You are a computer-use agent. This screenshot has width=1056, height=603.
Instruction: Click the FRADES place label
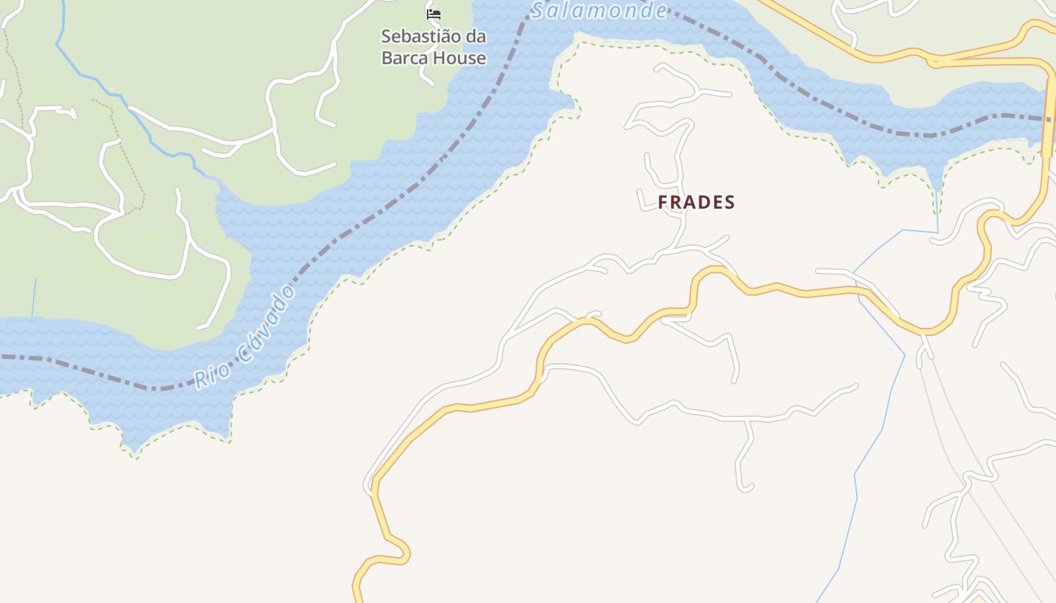[696, 202]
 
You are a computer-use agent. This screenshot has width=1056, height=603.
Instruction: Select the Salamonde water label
[600, 10]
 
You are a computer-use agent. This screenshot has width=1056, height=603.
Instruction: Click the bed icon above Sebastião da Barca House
[433, 14]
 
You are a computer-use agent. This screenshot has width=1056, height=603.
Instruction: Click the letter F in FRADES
[663, 202]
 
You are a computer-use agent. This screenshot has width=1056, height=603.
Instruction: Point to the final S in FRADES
[729, 202]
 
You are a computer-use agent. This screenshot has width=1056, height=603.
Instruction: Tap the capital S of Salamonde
[539, 11]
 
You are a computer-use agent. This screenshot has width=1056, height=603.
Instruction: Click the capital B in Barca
[387, 57]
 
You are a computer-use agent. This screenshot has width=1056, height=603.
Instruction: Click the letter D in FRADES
[703, 202]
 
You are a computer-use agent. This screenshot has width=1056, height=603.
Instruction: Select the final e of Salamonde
[661, 10]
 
